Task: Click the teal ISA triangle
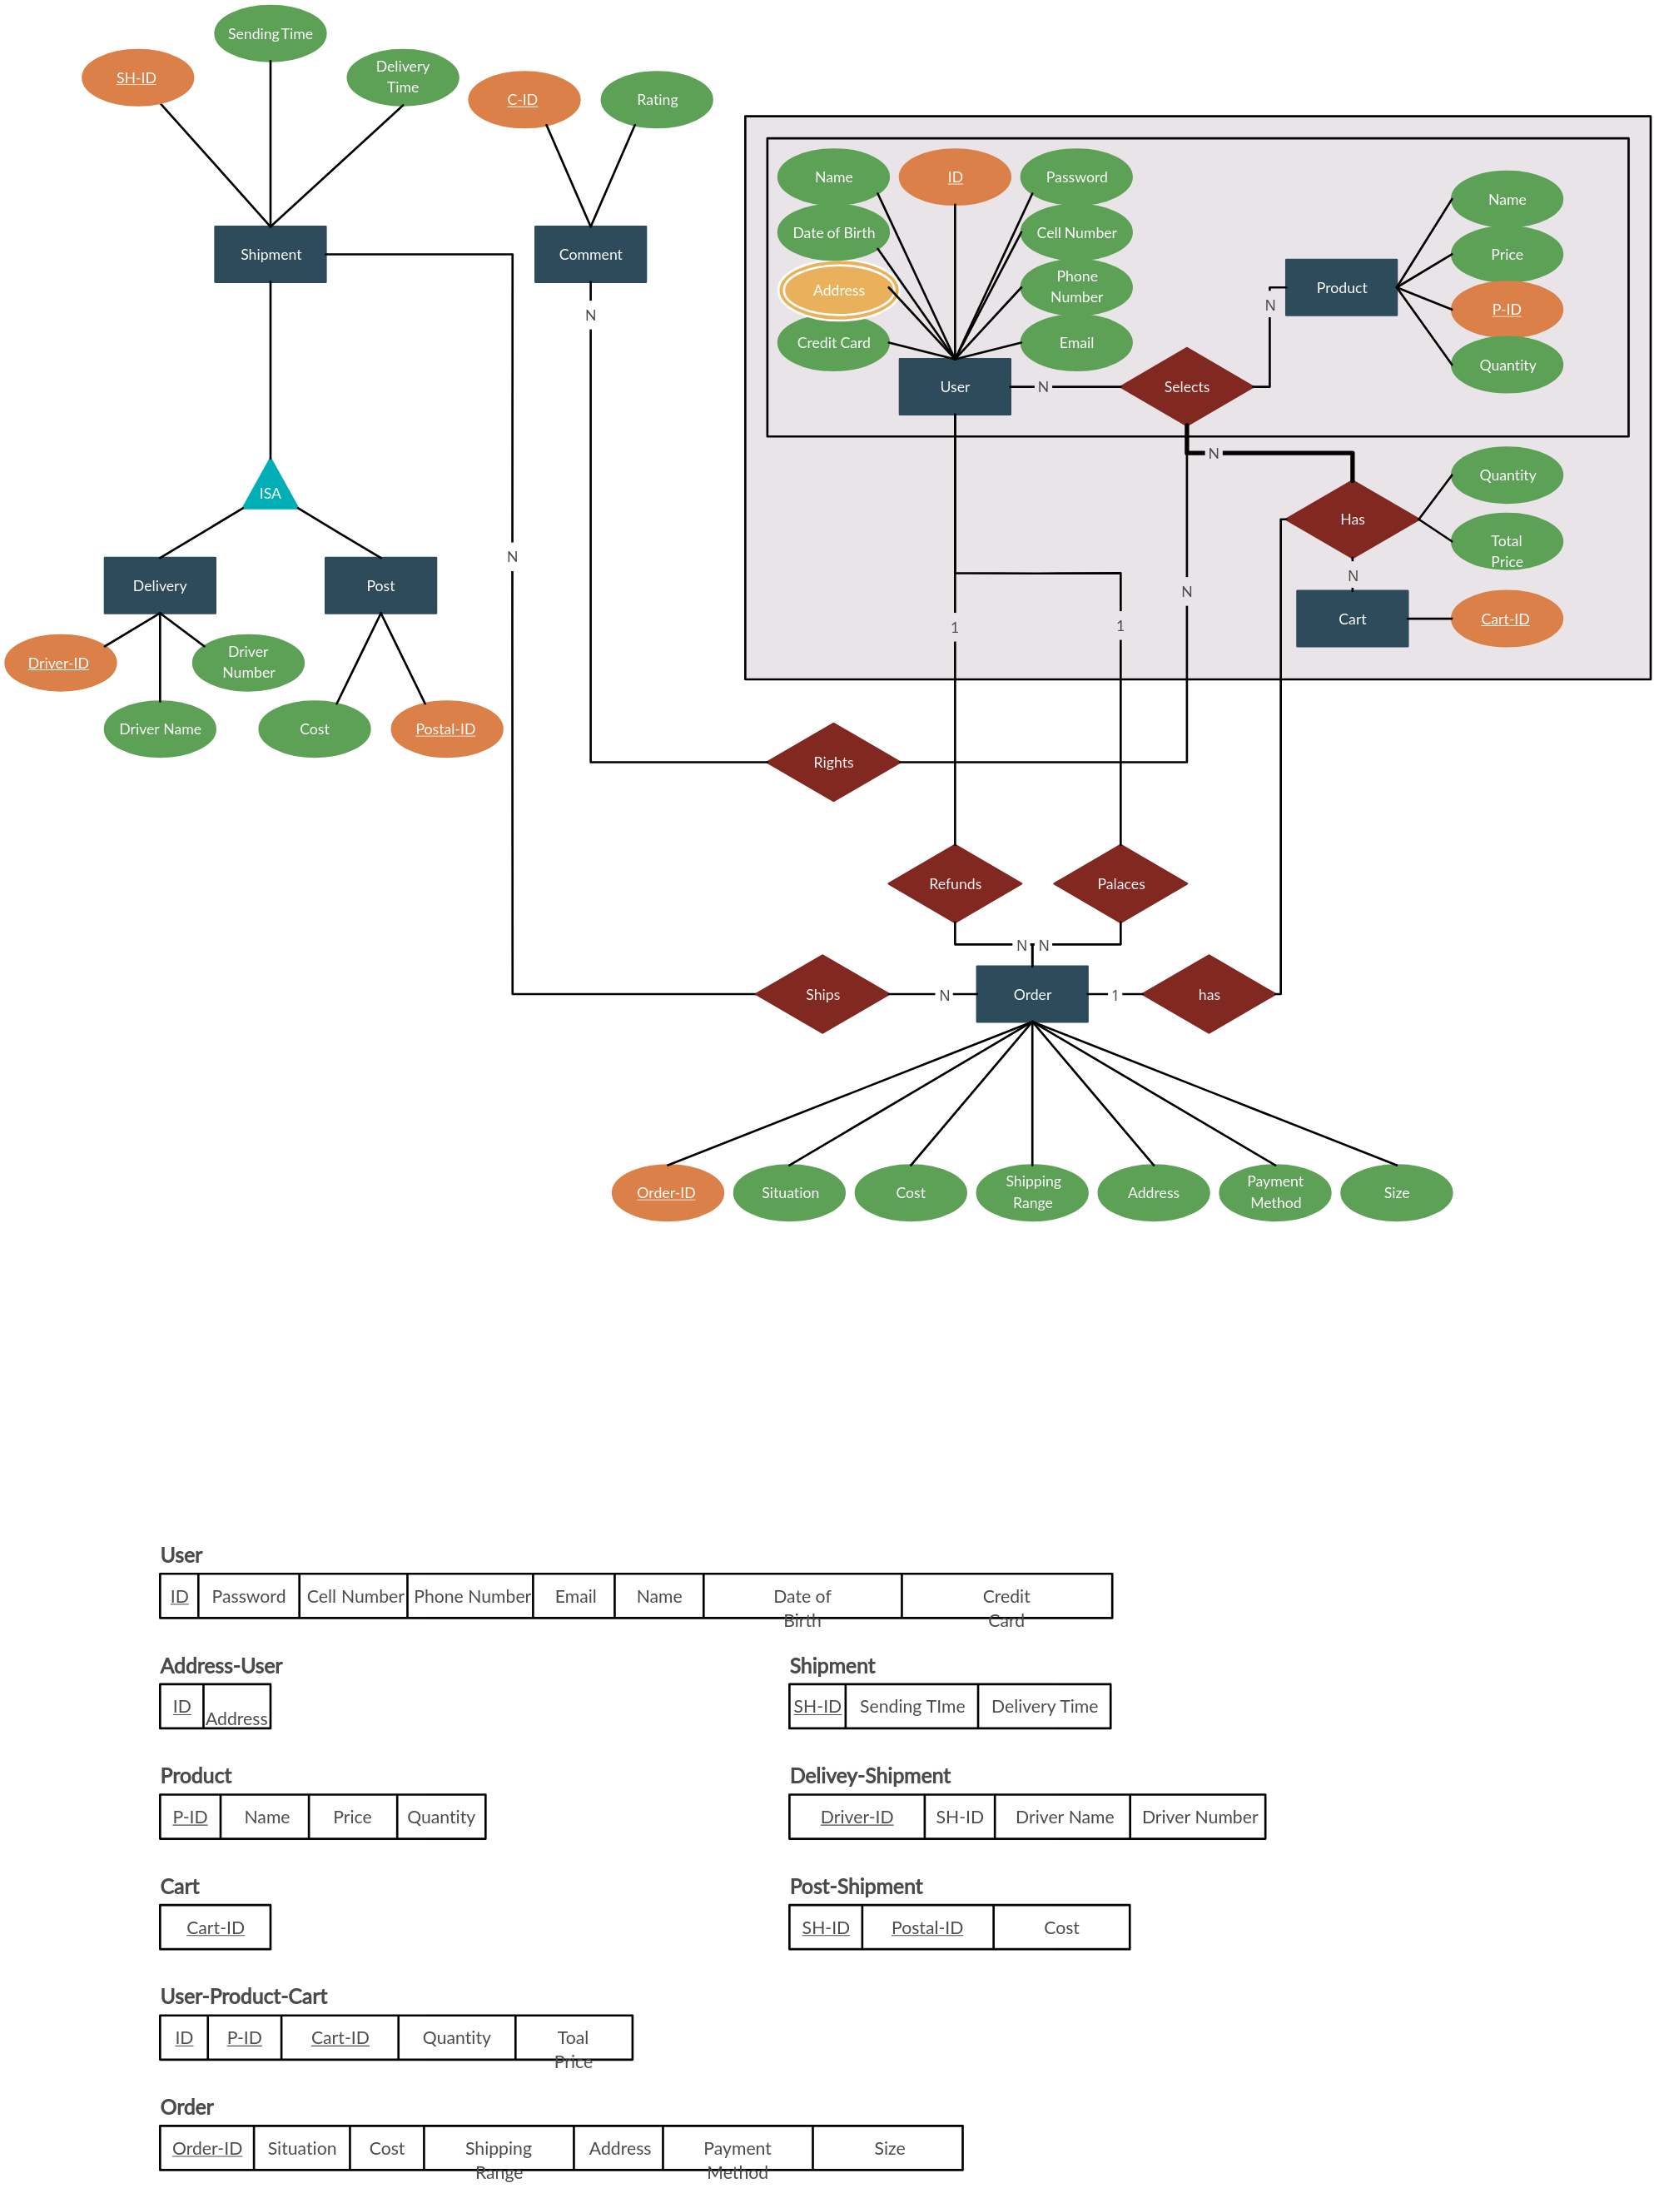(x=271, y=488)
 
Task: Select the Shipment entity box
(x=271, y=255)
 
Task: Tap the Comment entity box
(x=590, y=255)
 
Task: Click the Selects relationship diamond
(x=1186, y=386)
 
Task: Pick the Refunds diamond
(x=955, y=883)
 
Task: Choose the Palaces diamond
(x=1120, y=883)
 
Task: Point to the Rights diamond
(x=832, y=762)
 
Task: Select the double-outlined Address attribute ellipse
(x=838, y=290)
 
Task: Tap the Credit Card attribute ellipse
(x=833, y=343)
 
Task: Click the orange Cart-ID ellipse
(x=1506, y=619)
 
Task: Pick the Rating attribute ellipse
(x=657, y=99)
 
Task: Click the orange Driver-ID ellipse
(x=60, y=663)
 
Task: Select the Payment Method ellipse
(x=1274, y=1191)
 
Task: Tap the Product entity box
(x=1341, y=287)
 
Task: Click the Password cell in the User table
(x=248, y=1596)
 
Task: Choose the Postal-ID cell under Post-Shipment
(x=926, y=1927)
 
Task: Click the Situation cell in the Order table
(x=302, y=2147)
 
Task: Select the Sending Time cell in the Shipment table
(x=912, y=1706)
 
